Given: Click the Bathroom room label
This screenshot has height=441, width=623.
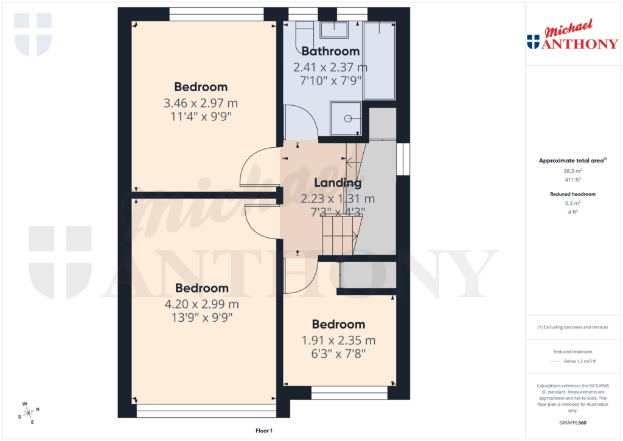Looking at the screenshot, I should pyautogui.click(x=330, y=52).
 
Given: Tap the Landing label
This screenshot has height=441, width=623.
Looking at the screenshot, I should pyautogui.click(x=338, y=182).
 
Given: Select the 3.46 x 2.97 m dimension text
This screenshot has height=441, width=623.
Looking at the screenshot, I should pyautogui.click(x=201, y=103).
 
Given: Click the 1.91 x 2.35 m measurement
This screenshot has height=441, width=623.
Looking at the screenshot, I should pyautogui.click(x=338, y=341).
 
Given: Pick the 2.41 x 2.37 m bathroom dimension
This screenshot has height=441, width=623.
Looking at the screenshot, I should pyautogui.click(x=330, y=67).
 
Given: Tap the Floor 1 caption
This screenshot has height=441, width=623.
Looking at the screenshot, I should pyautogui.click(x=264, y=431).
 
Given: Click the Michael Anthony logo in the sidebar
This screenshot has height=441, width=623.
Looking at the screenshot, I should pyautogui.click(x=572, y=36).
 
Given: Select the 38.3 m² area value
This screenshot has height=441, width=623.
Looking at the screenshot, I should pyautogui.click(x=573, y=171).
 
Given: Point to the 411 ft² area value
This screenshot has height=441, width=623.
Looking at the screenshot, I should pyautogui.click(x=573, y=179).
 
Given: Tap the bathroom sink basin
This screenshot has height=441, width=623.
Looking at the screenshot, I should pyautogui.click(x=334, y=30).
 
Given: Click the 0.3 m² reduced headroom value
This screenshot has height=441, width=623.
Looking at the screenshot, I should pyautogui.click(x=573, y=203).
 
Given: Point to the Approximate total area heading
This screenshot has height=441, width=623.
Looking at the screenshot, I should pyautogui.click(x=573, y=161).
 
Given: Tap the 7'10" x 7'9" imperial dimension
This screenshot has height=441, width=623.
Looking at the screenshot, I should pyautogui.click(x=330, y=80).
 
